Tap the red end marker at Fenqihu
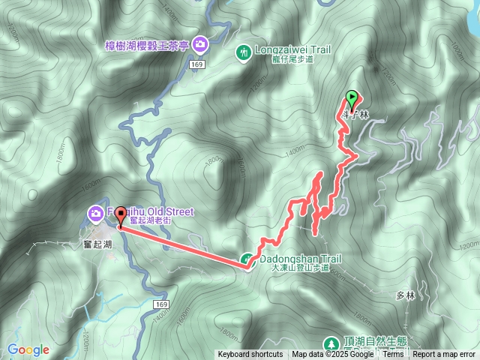click(120, 214)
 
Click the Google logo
click(28, 349)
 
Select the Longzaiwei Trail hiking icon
click(244, 52)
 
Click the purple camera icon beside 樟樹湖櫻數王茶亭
click(199, 44)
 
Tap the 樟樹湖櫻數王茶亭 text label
click(148, 45)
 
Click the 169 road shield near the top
click(197, 65)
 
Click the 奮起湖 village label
click(97, 244)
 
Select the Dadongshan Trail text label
click(300, 259)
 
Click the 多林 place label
click(404, 295)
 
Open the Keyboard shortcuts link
click(250, 354)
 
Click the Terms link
click(393, 354)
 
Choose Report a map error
click(444, 354)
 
